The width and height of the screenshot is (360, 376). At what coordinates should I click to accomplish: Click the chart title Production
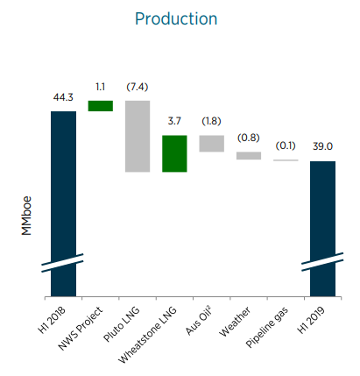click(x=176, y=19)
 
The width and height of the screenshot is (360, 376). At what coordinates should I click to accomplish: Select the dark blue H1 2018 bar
click(x=64, y=203)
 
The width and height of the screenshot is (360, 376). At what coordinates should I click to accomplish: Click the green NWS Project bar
click(x=101, y=106)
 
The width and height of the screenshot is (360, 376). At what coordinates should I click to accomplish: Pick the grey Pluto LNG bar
click(x=138, y=136)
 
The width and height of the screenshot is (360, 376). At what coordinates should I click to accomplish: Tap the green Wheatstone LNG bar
click(x=174, y=153)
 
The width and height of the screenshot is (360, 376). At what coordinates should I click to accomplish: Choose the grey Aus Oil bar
click(x=212, y=144)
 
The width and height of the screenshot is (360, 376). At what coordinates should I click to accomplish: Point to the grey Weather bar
click(x=249, y=155)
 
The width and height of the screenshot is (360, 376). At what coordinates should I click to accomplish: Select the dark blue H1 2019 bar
click(x=322, y=229)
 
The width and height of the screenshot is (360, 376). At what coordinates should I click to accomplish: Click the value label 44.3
click(x=63, y=97)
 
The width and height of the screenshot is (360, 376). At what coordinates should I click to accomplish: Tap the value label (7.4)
click(x=138, y=87)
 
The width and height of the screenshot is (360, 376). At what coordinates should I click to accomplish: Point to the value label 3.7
click(x=174, y=121)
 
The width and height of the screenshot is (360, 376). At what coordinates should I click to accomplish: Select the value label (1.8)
click(x=211, y=121)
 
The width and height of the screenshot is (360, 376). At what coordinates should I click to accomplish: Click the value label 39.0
click(x=322, y=146)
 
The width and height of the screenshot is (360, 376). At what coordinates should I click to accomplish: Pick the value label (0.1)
click(x=286, y=145)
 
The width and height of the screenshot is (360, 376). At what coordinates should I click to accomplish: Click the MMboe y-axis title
click(x=26, y=216)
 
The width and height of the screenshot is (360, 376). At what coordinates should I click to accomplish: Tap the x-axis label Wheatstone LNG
click(x=147, y=335)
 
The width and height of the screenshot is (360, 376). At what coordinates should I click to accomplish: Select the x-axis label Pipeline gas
click(x=267, y=327)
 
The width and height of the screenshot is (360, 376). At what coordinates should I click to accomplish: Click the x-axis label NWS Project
click(x=81, y=329)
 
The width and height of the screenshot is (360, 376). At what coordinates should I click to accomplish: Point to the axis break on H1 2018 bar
click(x=62, y=263)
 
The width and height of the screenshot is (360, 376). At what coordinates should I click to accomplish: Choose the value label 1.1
click(x=100, y=87)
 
